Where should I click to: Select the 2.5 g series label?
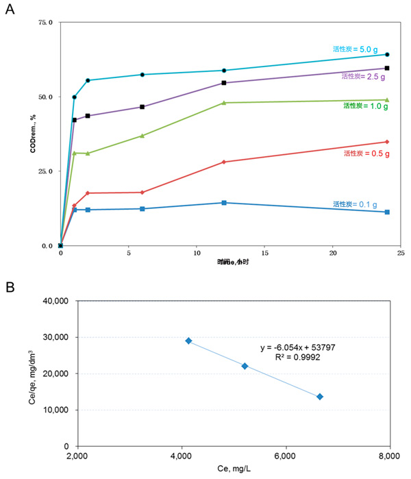(x=364, y=76)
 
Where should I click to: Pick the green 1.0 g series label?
(x=366, y=106)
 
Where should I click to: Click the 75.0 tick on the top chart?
(x=45, y=23)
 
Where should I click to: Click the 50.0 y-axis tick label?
(x=45, y=97)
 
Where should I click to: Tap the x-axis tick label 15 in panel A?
(x=264, y=254)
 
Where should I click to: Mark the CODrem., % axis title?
(x=32, y=135)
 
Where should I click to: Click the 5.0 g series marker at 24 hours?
(x=387, y=54)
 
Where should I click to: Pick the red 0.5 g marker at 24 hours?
(x=387, y=142)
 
